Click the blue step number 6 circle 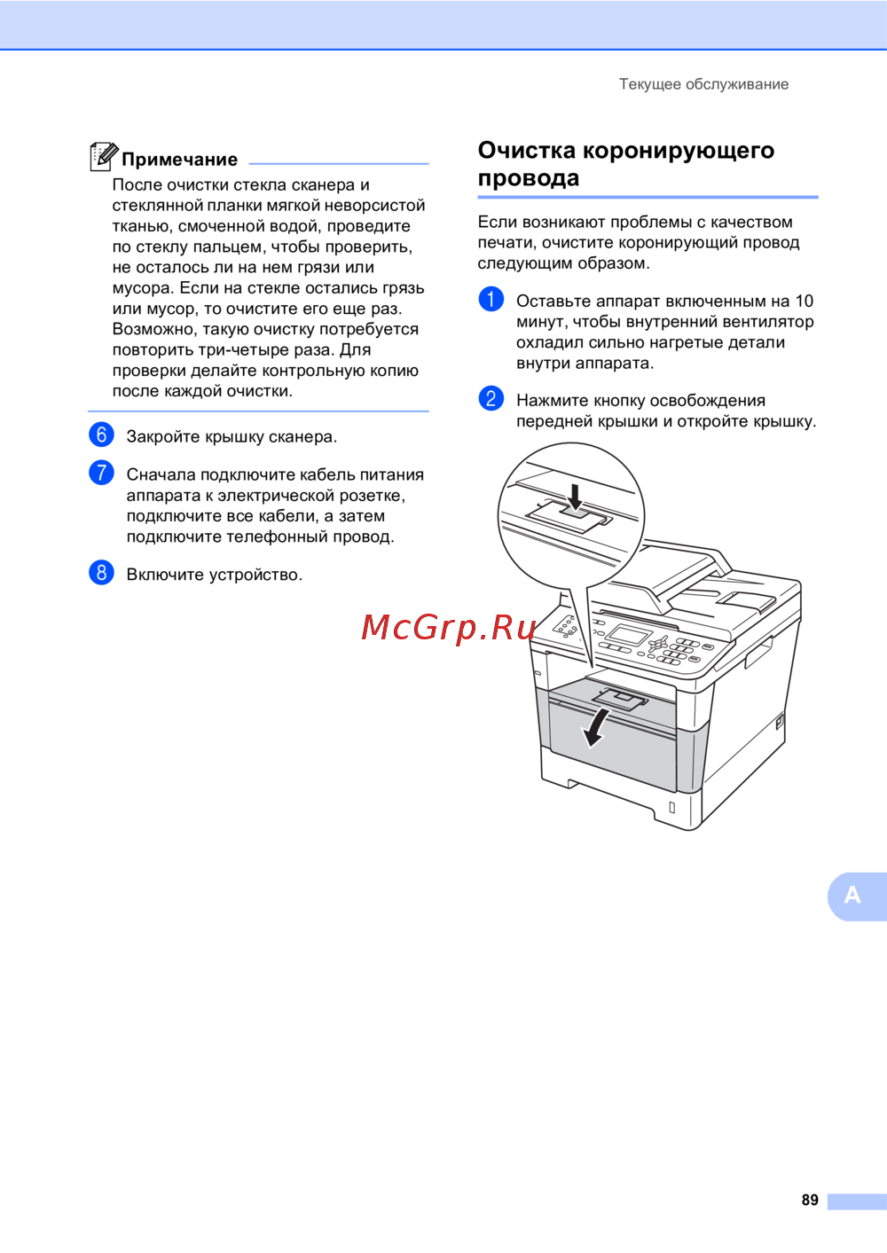click(101, 435)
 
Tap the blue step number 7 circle click(101, 473)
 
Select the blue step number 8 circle click(101, 573)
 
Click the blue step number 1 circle click(491, 299)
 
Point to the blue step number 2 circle click(491, 398)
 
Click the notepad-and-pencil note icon click(104, 156)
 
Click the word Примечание click(180, 160)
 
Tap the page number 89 click(810, 1199)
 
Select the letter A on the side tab click(852, 896)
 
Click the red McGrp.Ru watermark click(448, 627)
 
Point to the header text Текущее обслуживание click(703, 84)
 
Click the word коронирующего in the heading click(679, 151)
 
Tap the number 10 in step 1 click(805, 301)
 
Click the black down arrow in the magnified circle click(575, 497)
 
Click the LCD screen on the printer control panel click(630, 635)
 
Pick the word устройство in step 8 click(255, 575)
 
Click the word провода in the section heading click(529, 178)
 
